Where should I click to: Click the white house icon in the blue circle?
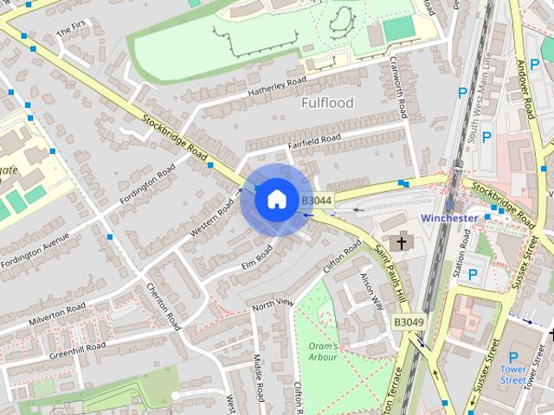(x=276, y=199)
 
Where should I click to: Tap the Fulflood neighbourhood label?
(x=327, y=103)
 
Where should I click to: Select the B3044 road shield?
(x=314, y=201)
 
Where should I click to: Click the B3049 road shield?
(x=409, y=322)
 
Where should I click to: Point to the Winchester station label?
(x=449, y=218)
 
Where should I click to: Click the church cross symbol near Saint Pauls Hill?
(x=400, y=244)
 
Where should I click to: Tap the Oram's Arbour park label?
(x=323, y=351)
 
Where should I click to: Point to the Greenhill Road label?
(x=77, y=349)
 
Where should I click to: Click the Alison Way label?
(x=372, y=291)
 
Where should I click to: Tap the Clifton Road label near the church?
(x=341, y=257)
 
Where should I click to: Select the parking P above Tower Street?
(x=513, y=357)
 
